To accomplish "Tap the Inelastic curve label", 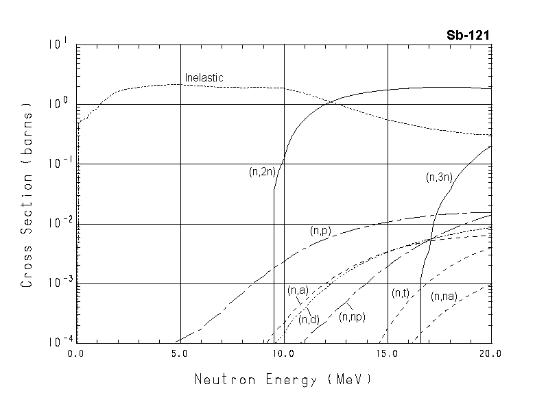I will pos(204,77).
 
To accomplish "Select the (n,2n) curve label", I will pos(262,173).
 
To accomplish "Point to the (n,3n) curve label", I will pos(439,177).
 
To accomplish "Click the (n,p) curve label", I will pos(320,231).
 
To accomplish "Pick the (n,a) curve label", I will pos(298,290).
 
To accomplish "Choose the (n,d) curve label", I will pos(308,318).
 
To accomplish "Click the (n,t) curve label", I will pos(401,293).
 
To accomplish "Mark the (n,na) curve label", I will pos(444,296).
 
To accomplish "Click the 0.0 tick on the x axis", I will pos(75,353).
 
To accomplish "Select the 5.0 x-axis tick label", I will pos(180,353).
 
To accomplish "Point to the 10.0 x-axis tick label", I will pos(283,353).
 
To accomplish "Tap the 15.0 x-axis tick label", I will pos(388,353).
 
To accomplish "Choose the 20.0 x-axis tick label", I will pos(491,353).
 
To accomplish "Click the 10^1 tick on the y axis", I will pos(60,45).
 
